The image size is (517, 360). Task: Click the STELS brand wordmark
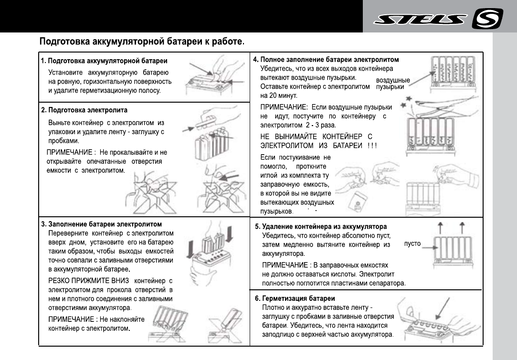420,20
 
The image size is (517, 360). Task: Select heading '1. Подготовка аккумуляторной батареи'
104,61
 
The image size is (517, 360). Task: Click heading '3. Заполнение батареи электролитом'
102,224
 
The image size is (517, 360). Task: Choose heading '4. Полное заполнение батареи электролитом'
326,60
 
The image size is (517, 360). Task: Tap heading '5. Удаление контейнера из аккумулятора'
321,226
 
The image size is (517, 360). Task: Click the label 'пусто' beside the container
412,244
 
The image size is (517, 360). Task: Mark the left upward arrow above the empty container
441,227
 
